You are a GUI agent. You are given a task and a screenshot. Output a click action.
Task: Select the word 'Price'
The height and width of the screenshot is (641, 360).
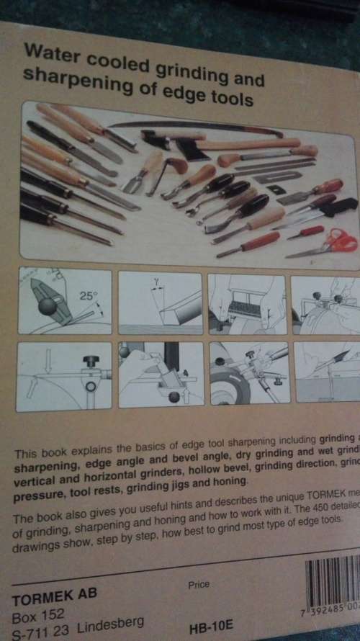point(199,585)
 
